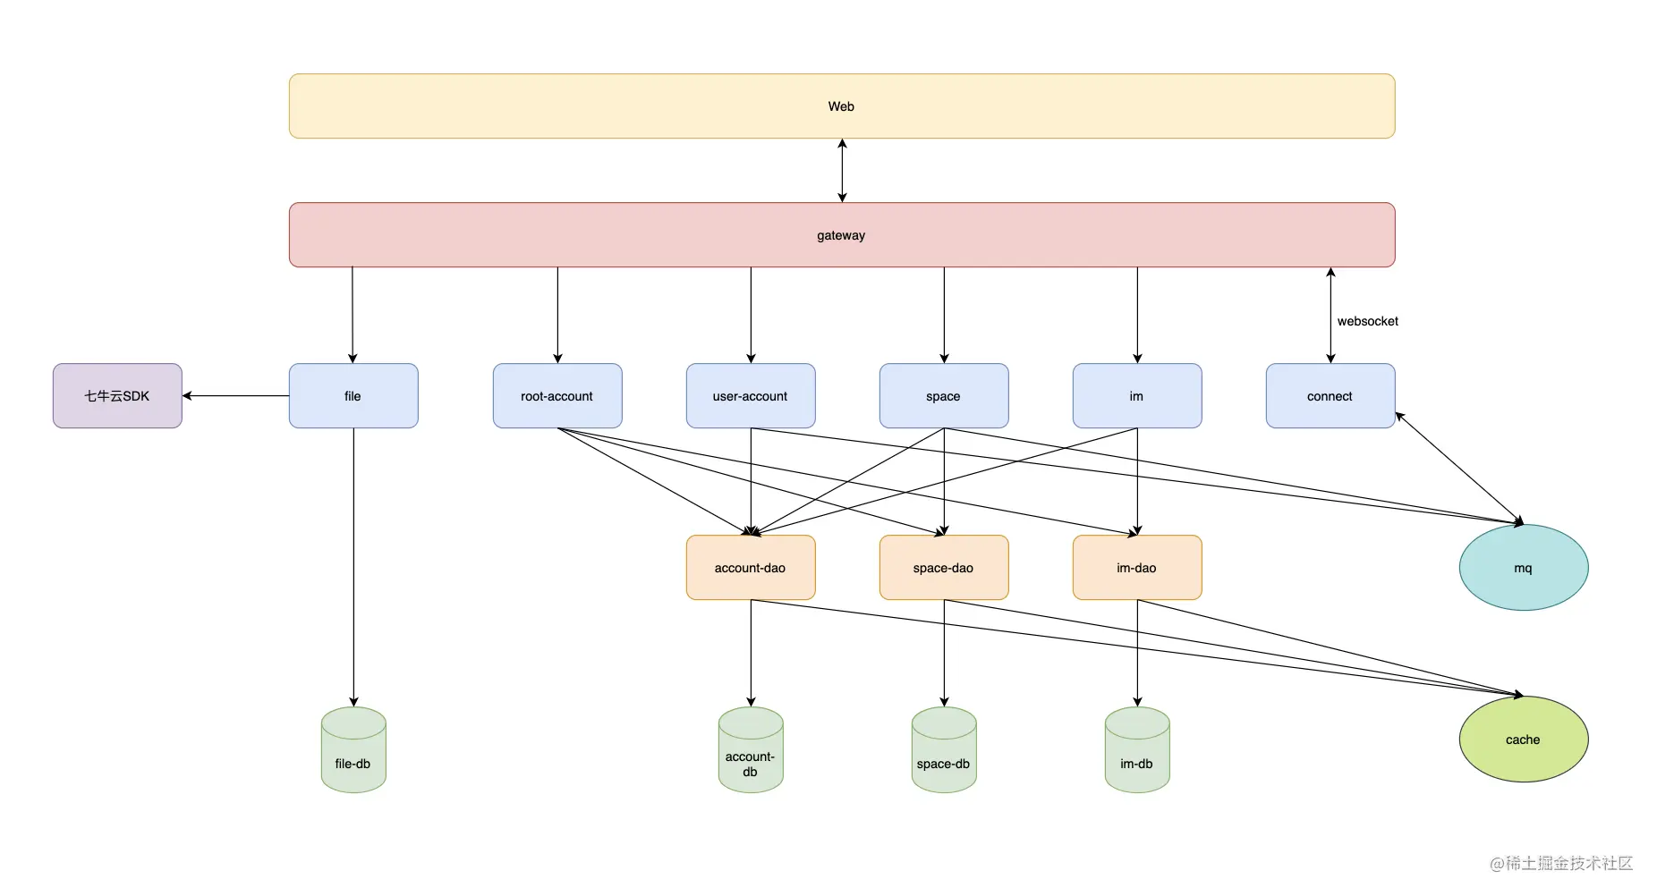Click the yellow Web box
click(x=841, y=106)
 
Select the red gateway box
click(x=841, y=235)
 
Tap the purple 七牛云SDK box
click(x=117, y=396)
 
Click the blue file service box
click(x=353, y=396)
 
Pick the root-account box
click(x=557, y=396)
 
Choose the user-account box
click(x=751, y=396)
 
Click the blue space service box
click(x=944, y=396)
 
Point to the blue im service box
click(x=1137, y=396)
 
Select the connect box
click(x=1330, y=396)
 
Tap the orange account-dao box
click(x=751, y=568)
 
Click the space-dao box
click(x=944, y=568)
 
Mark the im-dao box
click(x=1137, y=568)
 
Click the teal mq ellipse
click(x=1524, y=568)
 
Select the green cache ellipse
click(x=1524, y=740)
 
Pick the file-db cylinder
click(x=353, y=750)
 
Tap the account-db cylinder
click(x=751, y=750)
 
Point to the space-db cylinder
click(x=944, y=750)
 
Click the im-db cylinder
click(x=1137, y=750)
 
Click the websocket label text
click(x=1367, y=321)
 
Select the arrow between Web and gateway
click(x=842, y=171)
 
